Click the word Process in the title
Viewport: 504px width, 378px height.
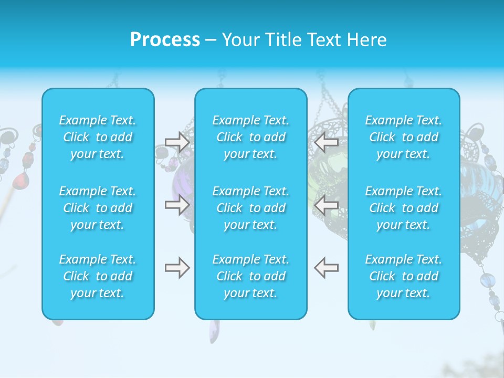165,40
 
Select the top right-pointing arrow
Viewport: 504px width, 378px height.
177,142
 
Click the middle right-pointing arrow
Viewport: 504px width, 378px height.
177,204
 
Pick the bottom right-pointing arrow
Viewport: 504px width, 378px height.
177,268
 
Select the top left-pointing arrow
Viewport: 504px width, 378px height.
326,142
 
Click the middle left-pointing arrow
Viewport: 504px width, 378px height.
326,204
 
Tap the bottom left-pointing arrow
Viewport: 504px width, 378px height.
326,268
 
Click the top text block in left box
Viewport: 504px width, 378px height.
98,137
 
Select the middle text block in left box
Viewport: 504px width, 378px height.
98,208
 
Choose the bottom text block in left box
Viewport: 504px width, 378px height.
98,276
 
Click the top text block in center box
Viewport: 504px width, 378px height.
250,137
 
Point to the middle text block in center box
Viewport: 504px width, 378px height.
250,208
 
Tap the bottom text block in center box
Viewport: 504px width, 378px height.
250,276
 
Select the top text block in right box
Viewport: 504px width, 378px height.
403,137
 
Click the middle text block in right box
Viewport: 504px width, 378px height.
403,208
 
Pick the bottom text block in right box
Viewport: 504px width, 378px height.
403,276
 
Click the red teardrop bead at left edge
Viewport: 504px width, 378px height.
21,181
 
